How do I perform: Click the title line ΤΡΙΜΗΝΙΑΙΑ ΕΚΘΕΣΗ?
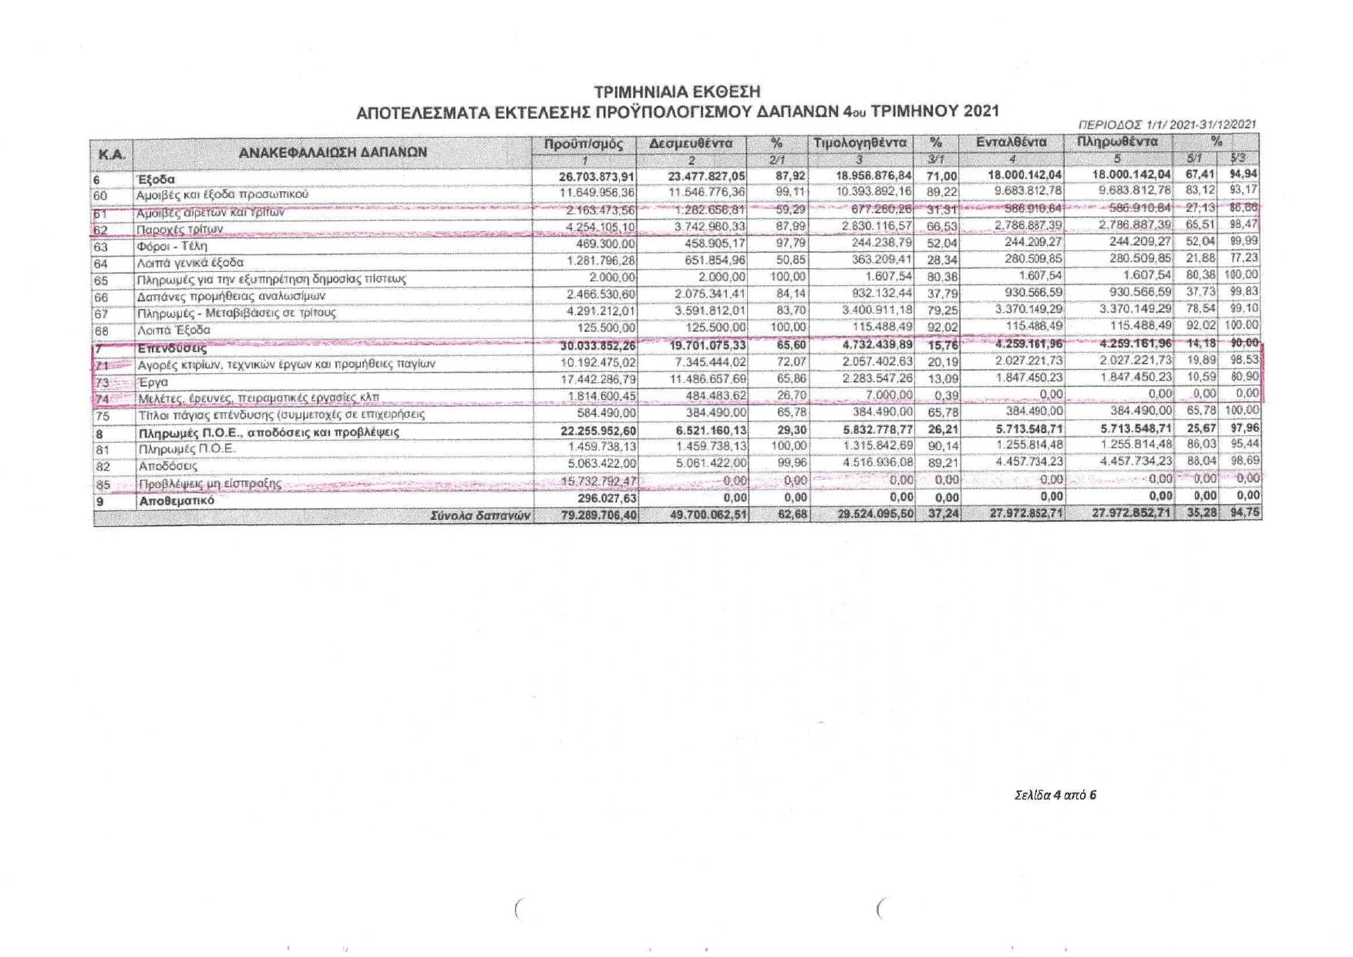(x=677, y=92)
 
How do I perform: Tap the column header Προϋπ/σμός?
(x=584, y=144)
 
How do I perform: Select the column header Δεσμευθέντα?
(x=691, y=143)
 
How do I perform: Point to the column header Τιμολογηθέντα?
(x=860, y=143)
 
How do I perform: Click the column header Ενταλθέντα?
(x=1011, y=142)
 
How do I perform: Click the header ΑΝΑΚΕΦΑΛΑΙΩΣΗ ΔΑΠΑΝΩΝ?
(x=332, y=152)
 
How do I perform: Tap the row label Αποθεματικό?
(x=176, y=501)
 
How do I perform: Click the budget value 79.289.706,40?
(x=598, y=515)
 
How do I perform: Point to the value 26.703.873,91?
(x=597, y=177)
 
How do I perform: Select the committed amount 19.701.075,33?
(x=707, y=346)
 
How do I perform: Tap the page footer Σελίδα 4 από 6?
(x=1055, y=794)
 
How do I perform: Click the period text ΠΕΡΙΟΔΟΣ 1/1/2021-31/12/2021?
(x=1166, y=124)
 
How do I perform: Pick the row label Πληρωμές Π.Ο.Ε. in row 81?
(x=186, y=449)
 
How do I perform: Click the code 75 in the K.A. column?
(x=102, y=416)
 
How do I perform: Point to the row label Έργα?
(x=153, y=381)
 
